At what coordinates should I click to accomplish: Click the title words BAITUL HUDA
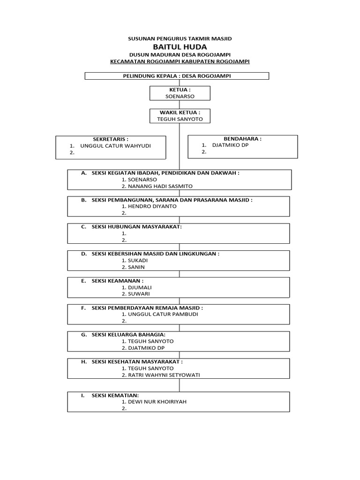[x=180, y=47]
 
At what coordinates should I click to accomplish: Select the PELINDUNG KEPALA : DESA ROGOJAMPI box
[x=177, y=76]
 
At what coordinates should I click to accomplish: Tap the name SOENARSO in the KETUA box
[x=180, y=96]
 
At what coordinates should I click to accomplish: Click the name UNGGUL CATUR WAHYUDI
[x=116, y=146]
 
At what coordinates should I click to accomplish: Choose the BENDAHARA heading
[x=243, y=139]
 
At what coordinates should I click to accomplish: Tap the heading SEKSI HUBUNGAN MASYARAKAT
[x=136, y=226]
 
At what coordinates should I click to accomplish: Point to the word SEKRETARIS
[x=111, y=139]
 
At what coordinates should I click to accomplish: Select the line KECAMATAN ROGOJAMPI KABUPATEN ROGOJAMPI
[x=180, y=61]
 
